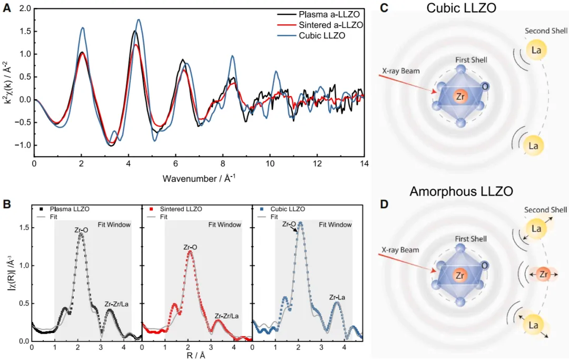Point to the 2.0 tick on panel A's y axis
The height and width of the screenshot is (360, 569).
(x=25, y=9)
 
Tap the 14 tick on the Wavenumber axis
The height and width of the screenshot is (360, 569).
(x=364, y=164)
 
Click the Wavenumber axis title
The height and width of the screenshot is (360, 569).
(x=199, y=178)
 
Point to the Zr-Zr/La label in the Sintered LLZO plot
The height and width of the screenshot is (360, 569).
(x=226, y=316)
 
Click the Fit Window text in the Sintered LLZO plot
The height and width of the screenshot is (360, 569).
(x=224, y=225)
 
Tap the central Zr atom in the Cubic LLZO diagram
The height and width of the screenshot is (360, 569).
(x=460, y=96)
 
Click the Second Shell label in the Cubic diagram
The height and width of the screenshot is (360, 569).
(x=546, y=31)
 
